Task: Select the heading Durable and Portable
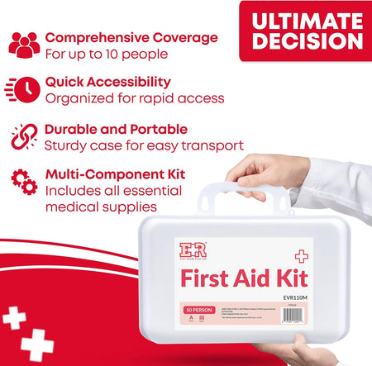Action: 116,129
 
